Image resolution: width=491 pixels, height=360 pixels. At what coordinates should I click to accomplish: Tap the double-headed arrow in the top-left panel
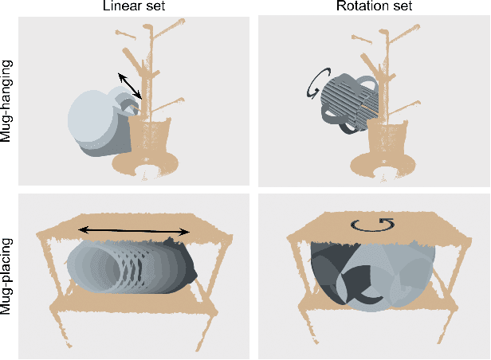point(131,85)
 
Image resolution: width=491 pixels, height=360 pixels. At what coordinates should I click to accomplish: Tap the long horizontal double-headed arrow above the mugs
point(134,231)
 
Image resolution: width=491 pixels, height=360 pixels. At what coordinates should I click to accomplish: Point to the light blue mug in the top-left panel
point(96,119)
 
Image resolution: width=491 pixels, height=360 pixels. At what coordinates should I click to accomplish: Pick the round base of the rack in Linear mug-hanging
point(145,164)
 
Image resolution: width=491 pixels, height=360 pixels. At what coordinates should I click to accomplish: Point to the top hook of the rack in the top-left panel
point(147,30)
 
